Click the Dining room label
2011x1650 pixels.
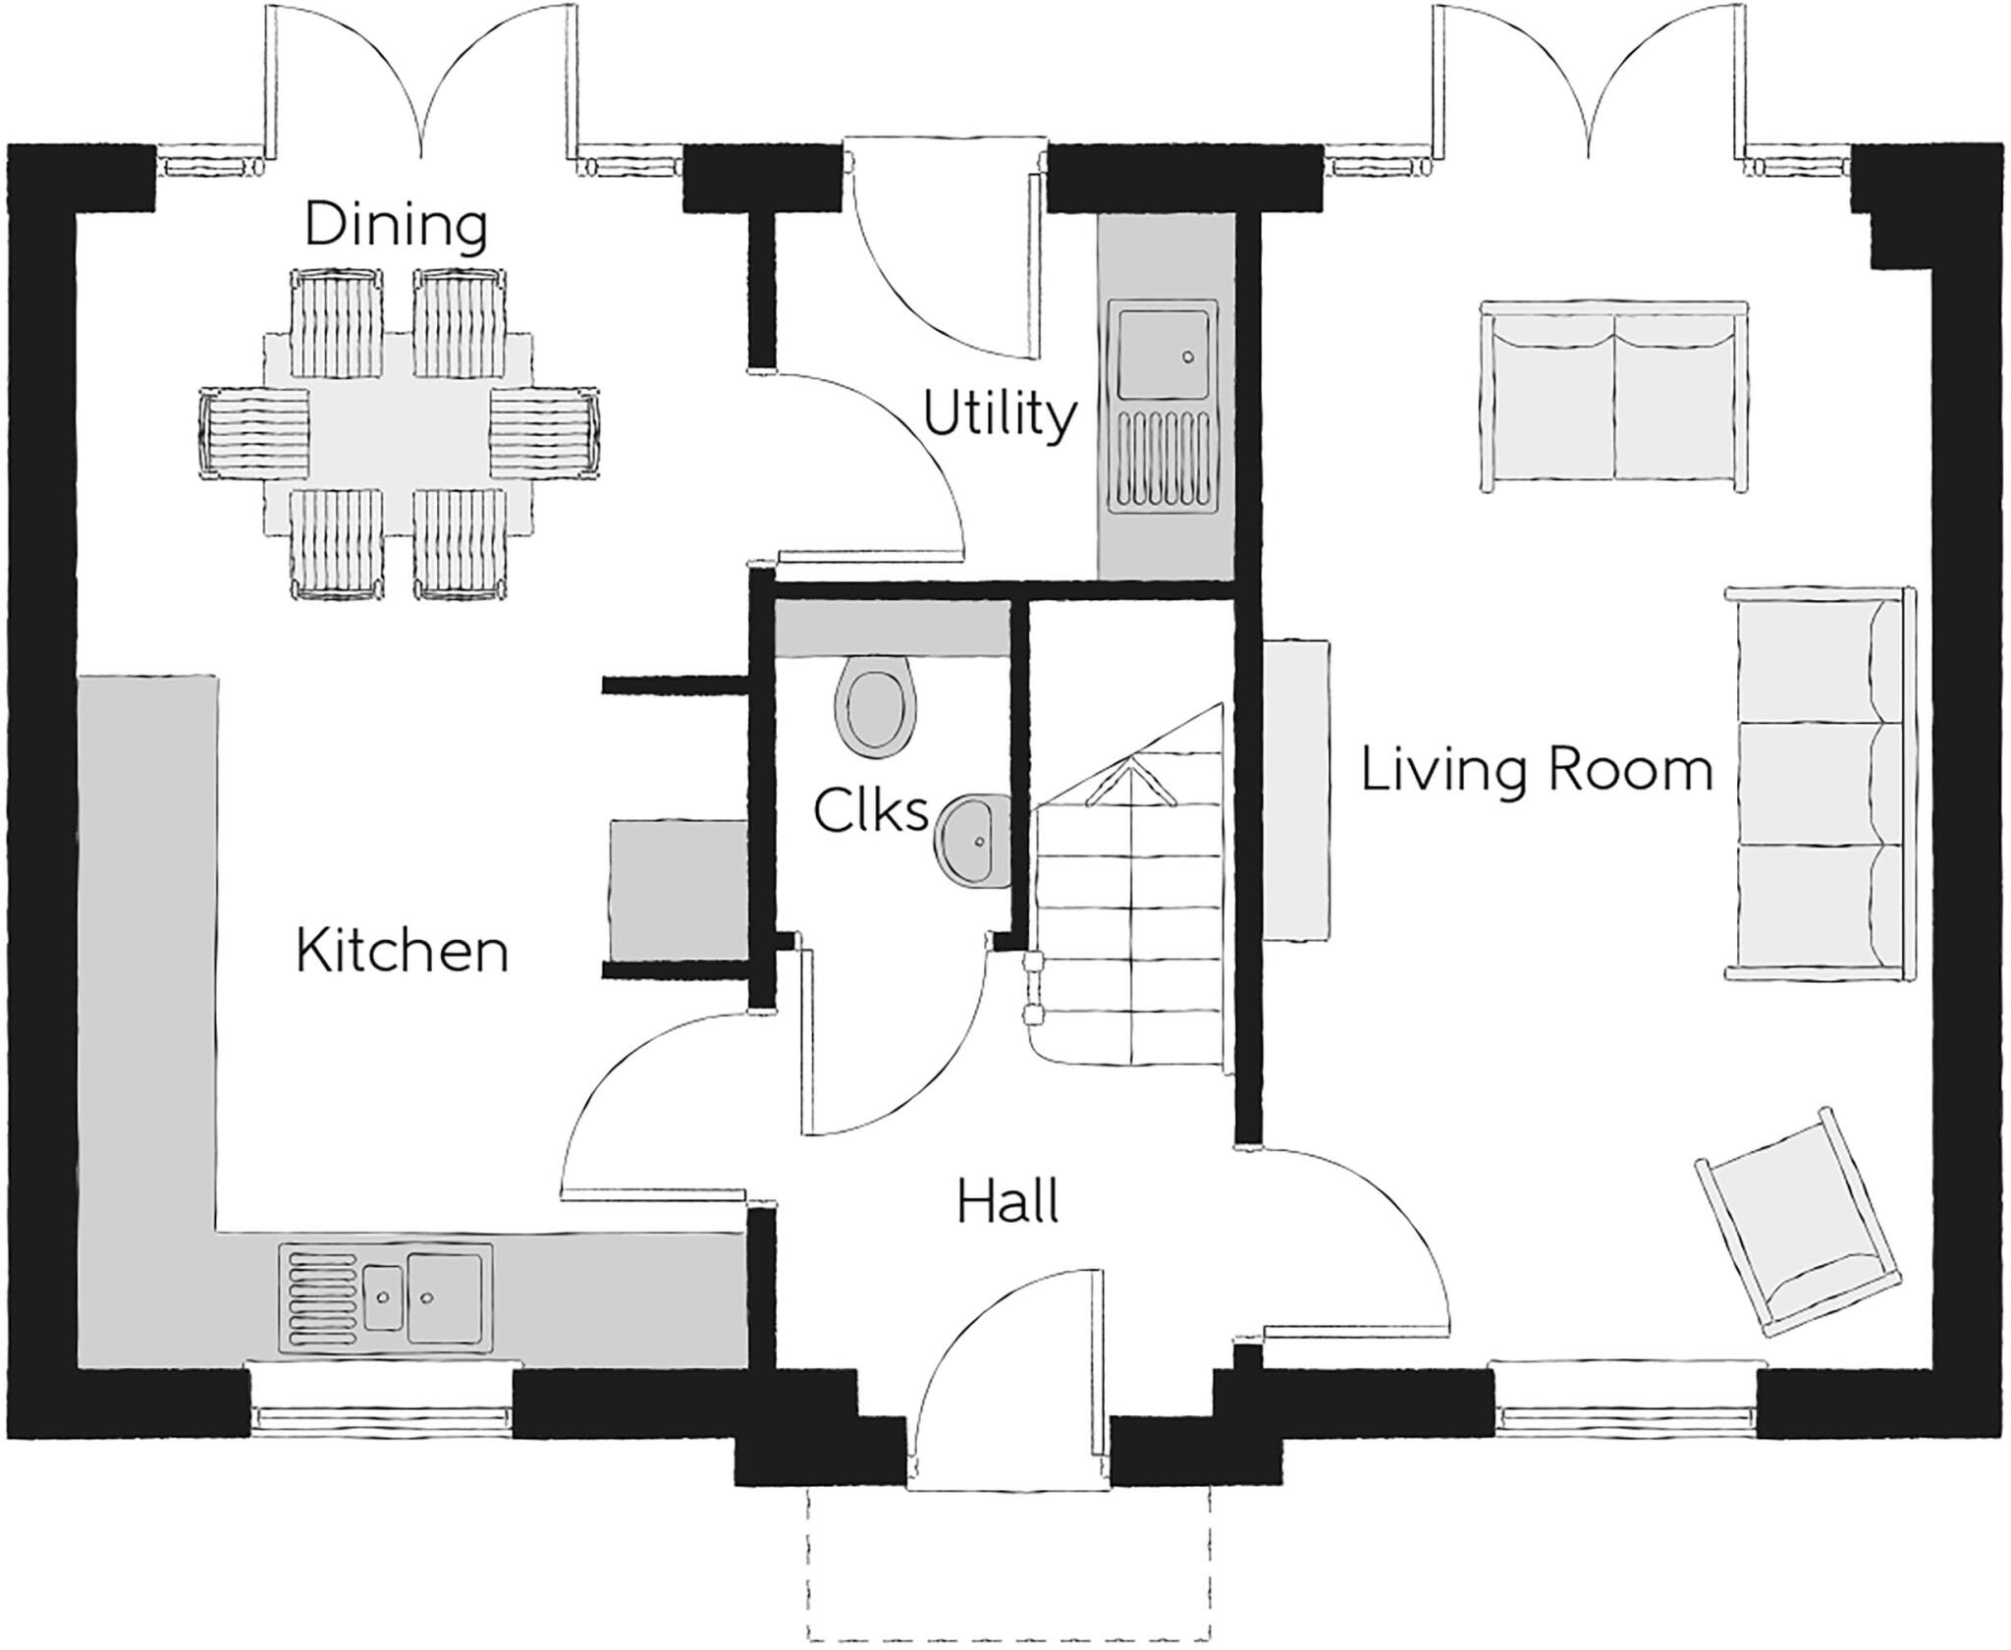396,224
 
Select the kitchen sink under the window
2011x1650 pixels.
386,1298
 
